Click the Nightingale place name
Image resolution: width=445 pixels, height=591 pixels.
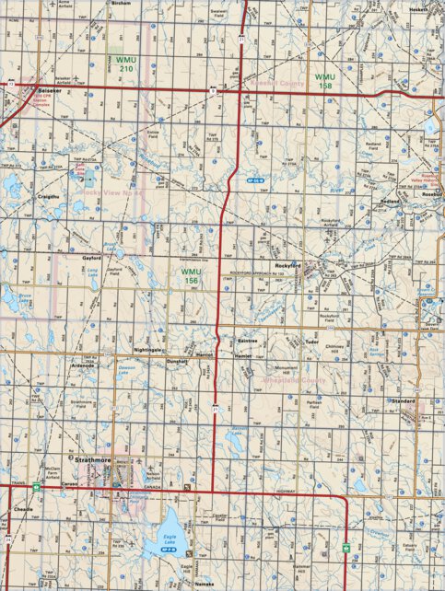(x=148, y=351)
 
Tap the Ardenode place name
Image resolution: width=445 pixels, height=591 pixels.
(x=82, y=365)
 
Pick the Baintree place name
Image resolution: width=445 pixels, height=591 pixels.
(x=251, y=341)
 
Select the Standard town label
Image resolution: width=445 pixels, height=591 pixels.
(x=404, y=402)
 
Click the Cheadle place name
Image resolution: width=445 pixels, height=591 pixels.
(x=23, y=509)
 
